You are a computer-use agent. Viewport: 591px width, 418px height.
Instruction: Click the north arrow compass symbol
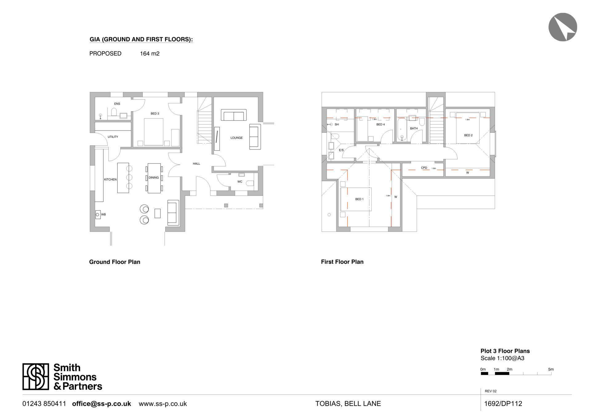click(563, 27)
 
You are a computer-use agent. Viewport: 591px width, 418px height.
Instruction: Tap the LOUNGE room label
click(236, 138)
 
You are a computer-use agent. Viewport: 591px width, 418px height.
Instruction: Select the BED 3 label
click(155, 114)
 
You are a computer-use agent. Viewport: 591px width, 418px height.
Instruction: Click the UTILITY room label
click(113, 137)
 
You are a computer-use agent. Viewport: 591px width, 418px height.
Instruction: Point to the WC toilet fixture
click(250, 183)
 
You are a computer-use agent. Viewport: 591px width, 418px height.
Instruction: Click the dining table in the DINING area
click(154, 178)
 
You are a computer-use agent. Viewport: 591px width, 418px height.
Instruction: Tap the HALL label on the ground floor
click(196, 164)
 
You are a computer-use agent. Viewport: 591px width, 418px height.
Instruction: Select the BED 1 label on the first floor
click(359, 199)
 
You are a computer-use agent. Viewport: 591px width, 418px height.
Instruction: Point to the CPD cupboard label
click(424, 168)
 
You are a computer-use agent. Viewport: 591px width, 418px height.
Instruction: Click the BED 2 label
click(468, 135)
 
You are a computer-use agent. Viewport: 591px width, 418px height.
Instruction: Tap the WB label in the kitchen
click(103, 214)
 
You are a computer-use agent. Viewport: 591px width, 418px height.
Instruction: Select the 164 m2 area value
click(150, 54)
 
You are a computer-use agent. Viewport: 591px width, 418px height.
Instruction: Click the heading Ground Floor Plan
click(115, 262)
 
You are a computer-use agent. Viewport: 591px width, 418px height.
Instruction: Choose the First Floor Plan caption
click(342, 262)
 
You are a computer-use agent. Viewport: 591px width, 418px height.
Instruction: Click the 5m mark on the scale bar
click(551, 369)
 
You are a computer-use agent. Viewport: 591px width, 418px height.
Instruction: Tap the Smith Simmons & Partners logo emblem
click(36, 376)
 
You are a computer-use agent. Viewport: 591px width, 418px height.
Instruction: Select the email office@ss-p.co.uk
click(102, 404)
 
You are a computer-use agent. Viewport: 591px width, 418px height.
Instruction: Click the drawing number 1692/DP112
click(503, 404)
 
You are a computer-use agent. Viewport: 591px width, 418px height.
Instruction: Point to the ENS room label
click(117, 104)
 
